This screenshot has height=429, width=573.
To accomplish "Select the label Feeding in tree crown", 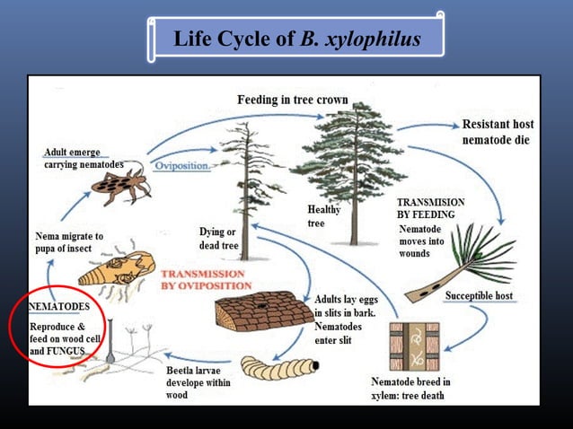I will (x=287, y=100).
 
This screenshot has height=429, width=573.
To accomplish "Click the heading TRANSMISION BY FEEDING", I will (x=431, y=209).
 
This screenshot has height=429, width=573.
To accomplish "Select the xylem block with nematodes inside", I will (x=414, y=345).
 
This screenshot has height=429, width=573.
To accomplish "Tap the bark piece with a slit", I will (x=256, y=311).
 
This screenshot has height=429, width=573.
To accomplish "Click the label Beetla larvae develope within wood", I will (x=198, y=382).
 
